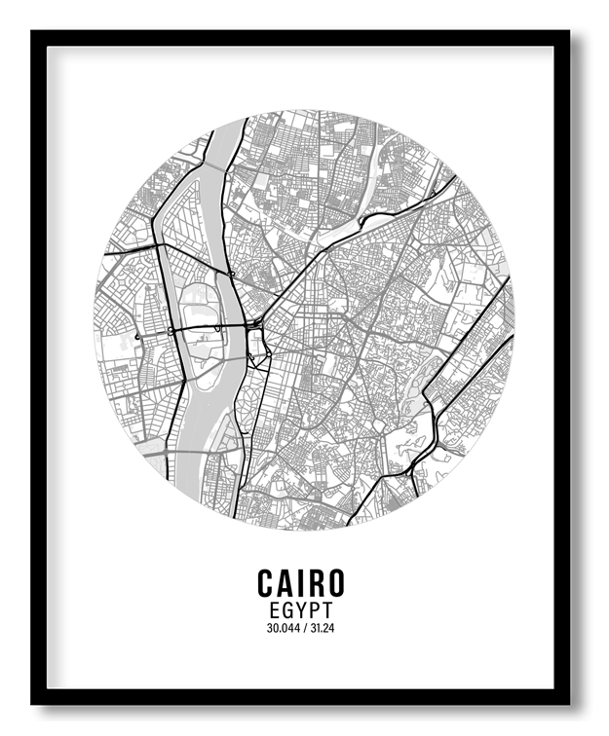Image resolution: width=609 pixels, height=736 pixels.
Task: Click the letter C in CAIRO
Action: [x=267, y=582]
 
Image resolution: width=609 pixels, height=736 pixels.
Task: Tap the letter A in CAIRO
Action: [x=287, y=582]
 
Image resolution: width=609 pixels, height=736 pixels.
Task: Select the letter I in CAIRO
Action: [x=302, y=582]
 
